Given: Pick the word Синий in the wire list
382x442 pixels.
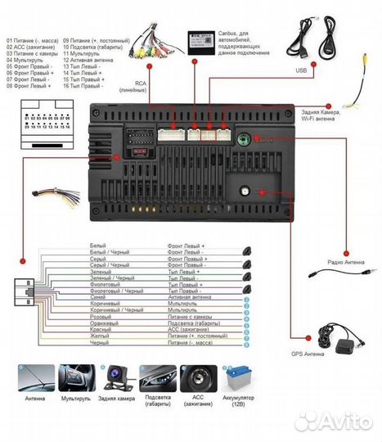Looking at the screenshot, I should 97,297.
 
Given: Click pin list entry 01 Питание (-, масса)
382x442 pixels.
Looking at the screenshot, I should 34,39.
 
